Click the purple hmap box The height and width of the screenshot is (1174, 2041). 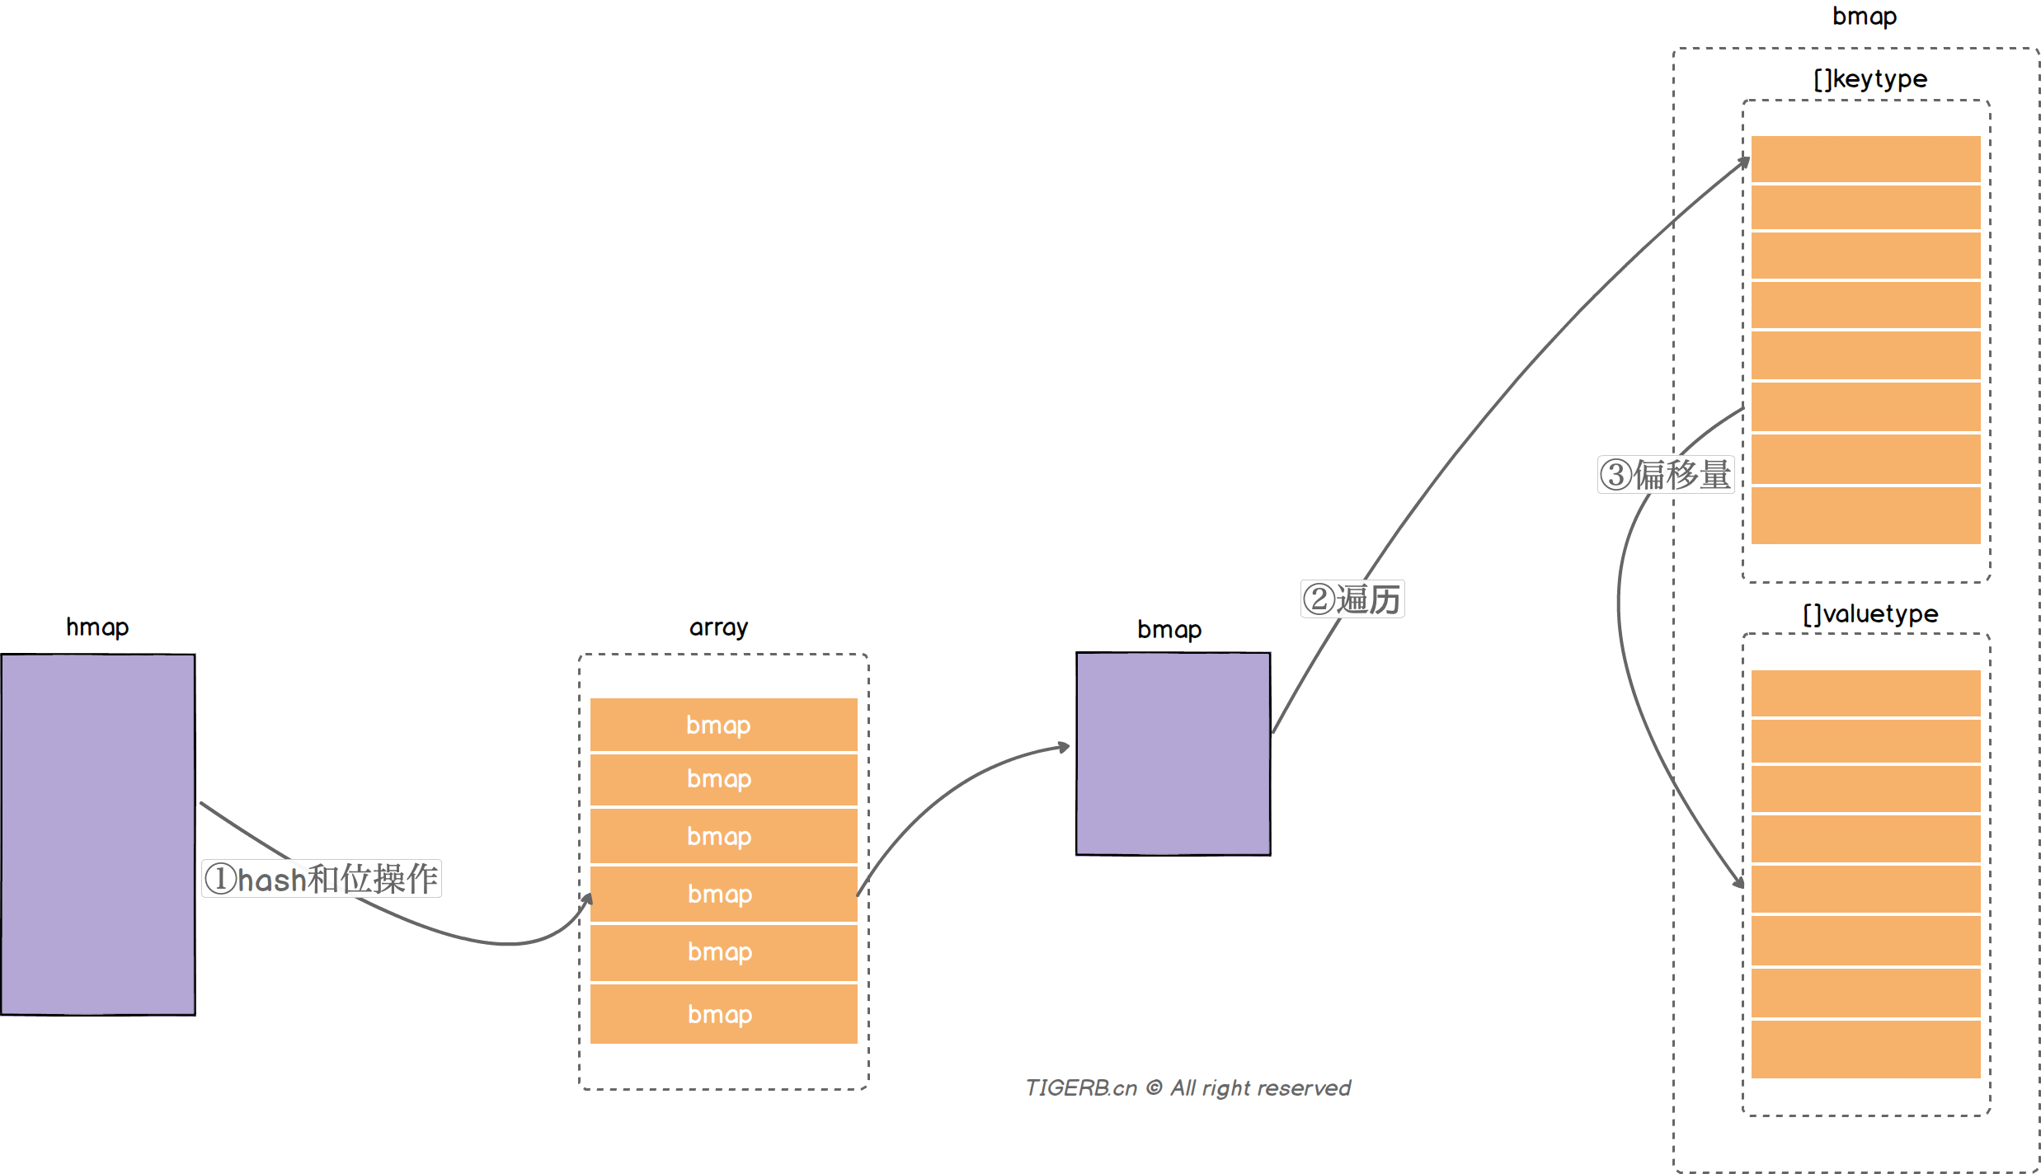point(98,834)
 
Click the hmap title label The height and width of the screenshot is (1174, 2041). point(97,627)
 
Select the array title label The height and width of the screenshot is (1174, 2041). point(718,627)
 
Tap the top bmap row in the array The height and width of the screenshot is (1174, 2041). point(723,725)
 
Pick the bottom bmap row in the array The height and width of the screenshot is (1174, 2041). point(723,1014)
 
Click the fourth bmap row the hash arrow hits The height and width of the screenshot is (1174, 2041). point(723,894)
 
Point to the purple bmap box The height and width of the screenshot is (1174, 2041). point(1173,754)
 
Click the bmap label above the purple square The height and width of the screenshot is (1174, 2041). point(1169,630)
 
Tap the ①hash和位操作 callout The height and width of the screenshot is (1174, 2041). point(322,879)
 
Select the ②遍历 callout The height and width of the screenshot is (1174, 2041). point(1352,599)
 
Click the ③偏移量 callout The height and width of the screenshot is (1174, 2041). point(1665,475)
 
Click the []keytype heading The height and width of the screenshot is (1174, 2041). point(1869,79)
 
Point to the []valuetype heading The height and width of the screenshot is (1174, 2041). point(1869,614)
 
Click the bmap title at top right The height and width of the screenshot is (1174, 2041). point(1864,16)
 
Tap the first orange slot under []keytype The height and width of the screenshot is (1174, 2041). point(1865,158)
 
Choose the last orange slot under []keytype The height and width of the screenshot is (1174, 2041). point(1865,515)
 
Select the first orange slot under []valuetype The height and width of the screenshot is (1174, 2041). point(1865,693)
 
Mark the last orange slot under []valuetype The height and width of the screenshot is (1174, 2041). point(1865,1049)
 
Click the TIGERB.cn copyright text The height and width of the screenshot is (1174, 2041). point(1187,1088)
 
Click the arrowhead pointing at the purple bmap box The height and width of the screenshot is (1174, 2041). point(1065,747)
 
